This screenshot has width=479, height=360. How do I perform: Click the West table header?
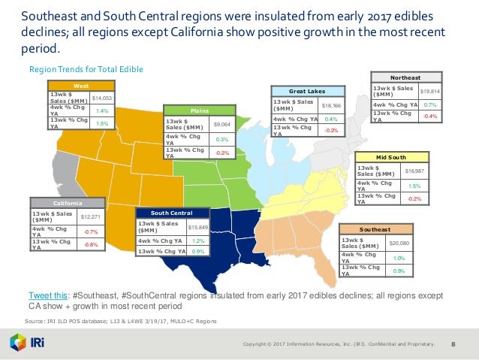click(81, 86)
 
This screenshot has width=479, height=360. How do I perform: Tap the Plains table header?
click(199, 108)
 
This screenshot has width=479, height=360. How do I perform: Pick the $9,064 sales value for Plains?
click(221, 124)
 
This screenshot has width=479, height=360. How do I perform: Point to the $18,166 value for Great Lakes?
click(332, 107)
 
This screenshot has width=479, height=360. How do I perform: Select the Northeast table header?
click(408, 77)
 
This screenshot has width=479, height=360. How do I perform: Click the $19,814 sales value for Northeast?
click(430, 90)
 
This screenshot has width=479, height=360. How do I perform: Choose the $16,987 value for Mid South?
click(414, 171)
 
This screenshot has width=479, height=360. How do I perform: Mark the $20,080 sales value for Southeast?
click(399, 244)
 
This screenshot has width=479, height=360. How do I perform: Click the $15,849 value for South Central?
click(197, 226)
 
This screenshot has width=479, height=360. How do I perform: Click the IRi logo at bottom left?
click(28, 343)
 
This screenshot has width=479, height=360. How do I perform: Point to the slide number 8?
click(453, 344)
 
